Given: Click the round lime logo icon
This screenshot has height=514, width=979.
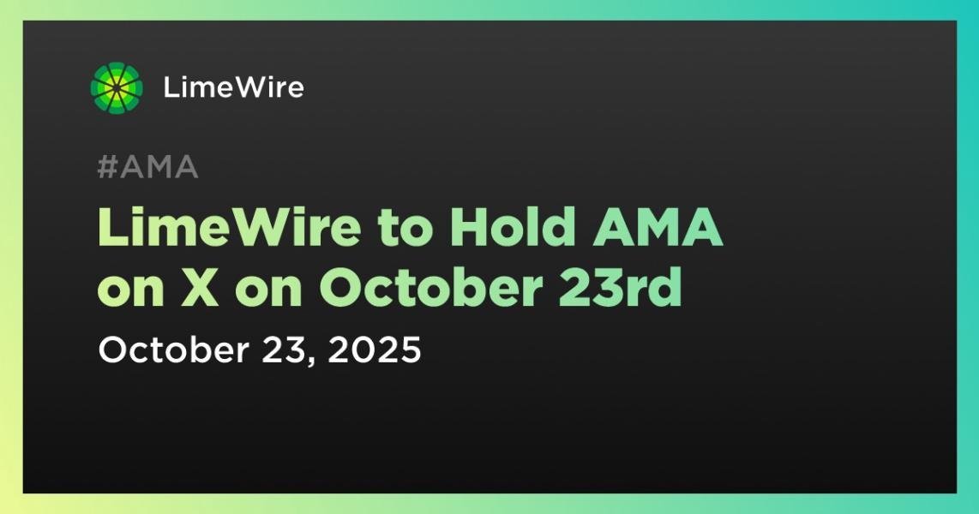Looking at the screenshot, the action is click(x=117, y=88).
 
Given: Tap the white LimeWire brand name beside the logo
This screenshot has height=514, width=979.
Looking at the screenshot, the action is click(x=233, y=87).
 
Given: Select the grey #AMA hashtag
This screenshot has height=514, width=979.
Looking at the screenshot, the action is click(x=148, y=166).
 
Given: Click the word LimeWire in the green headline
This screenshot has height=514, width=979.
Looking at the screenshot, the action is click(x=230, y=229).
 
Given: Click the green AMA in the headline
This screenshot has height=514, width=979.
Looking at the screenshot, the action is click(x=658, y=229).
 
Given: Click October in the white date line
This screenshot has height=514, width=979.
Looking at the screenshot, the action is click(x=173, y=350).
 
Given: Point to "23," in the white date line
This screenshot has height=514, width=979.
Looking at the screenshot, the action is click(x=288, y=351).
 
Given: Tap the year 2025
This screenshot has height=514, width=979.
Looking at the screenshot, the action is click(x=375, y=350).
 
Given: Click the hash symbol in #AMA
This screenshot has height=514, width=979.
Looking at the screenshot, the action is click(x=108, y=167).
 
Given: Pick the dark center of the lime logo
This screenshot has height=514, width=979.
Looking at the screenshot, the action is click(x=117, y=88).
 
